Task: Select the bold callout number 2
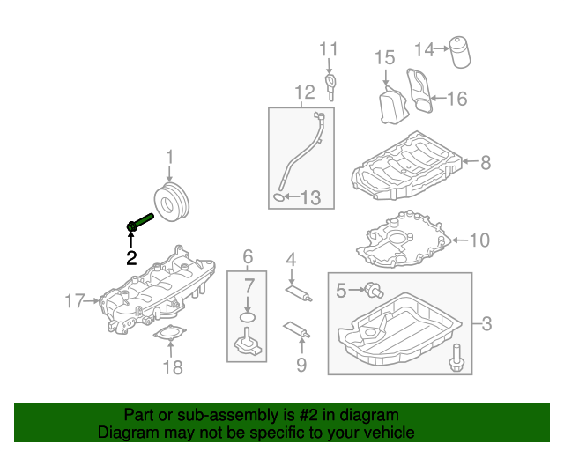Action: click(131, 258)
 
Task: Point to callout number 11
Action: click(329, 48)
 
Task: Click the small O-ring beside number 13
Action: click(279, 197)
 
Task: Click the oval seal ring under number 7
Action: click(249, 316)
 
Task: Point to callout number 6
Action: click(248, 257)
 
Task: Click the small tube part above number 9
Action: click(295, 330)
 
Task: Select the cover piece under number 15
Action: click(390, 106)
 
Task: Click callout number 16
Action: click(456, 98)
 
